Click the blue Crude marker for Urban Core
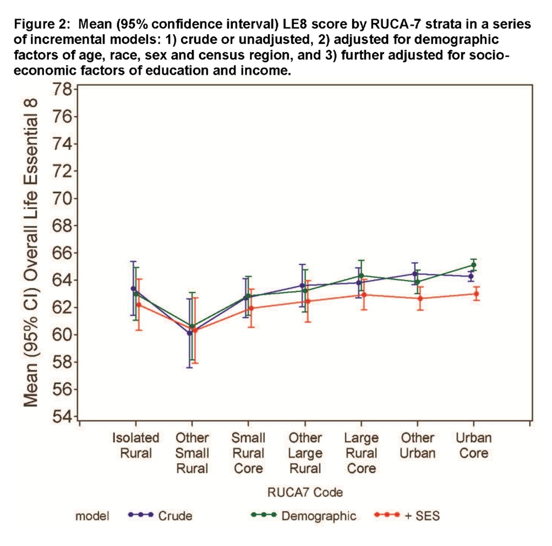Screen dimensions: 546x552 [471, 276]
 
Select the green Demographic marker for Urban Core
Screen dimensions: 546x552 [474, 265]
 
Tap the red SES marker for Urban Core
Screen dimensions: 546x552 [476, 294]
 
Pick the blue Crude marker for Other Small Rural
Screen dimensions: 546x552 [189, 333]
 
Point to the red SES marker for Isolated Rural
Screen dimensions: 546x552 [139, 305]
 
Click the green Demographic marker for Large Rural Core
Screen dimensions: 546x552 [361, 276]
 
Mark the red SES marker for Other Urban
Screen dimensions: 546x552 [420, 298]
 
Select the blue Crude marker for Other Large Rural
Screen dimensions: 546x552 [302, 286]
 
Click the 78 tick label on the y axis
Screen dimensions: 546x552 [61, 89]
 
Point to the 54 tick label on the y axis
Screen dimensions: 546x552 [61, 417]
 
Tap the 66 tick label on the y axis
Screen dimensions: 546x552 [61, 253]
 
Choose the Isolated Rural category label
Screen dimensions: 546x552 [136, 445]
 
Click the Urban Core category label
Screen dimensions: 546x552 [474, 445]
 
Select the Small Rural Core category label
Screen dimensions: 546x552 [248, 453]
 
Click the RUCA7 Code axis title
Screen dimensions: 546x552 [305, 492]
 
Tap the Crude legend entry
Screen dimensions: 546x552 [175, 516]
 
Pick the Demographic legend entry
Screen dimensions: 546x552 [318, 516]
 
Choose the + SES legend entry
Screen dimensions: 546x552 [422, 516]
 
